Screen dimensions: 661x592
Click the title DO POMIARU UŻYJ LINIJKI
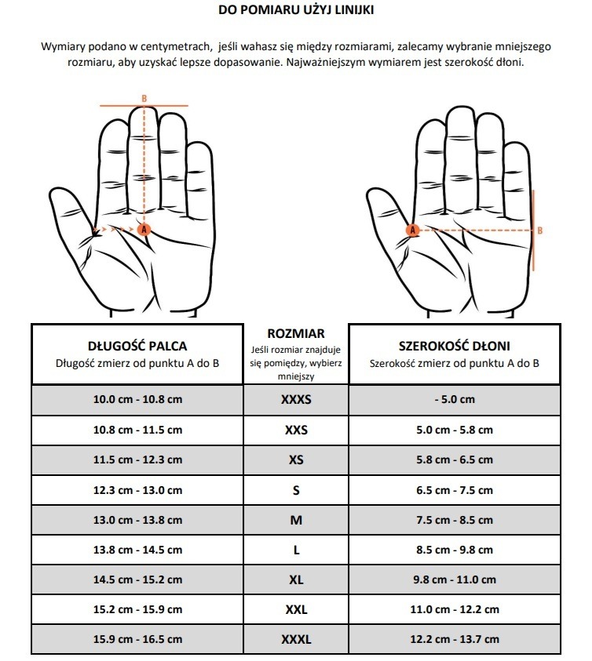(296, 10)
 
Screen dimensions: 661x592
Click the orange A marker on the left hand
(143, 229)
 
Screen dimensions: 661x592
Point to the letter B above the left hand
(144, 98)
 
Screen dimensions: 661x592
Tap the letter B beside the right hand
(539, 231)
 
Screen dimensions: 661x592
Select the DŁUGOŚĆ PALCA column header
(137, 345)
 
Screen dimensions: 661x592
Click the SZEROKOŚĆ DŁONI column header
(454, 345)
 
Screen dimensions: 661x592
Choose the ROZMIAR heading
(296, 333)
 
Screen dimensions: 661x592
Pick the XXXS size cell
(296, 399)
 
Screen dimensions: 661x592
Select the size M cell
(296, 520)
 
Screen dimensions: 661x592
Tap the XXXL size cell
(296, 640)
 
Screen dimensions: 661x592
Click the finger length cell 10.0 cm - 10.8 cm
(137, 399)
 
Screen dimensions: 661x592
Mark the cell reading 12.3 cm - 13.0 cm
(137, 490)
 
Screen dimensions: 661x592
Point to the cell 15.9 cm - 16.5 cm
(137, 640)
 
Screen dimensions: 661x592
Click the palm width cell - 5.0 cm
(454, 399)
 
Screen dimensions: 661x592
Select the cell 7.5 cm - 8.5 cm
(454, 520)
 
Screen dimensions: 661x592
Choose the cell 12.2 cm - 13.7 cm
(454, 640)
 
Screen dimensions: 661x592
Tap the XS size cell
(296, 459)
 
